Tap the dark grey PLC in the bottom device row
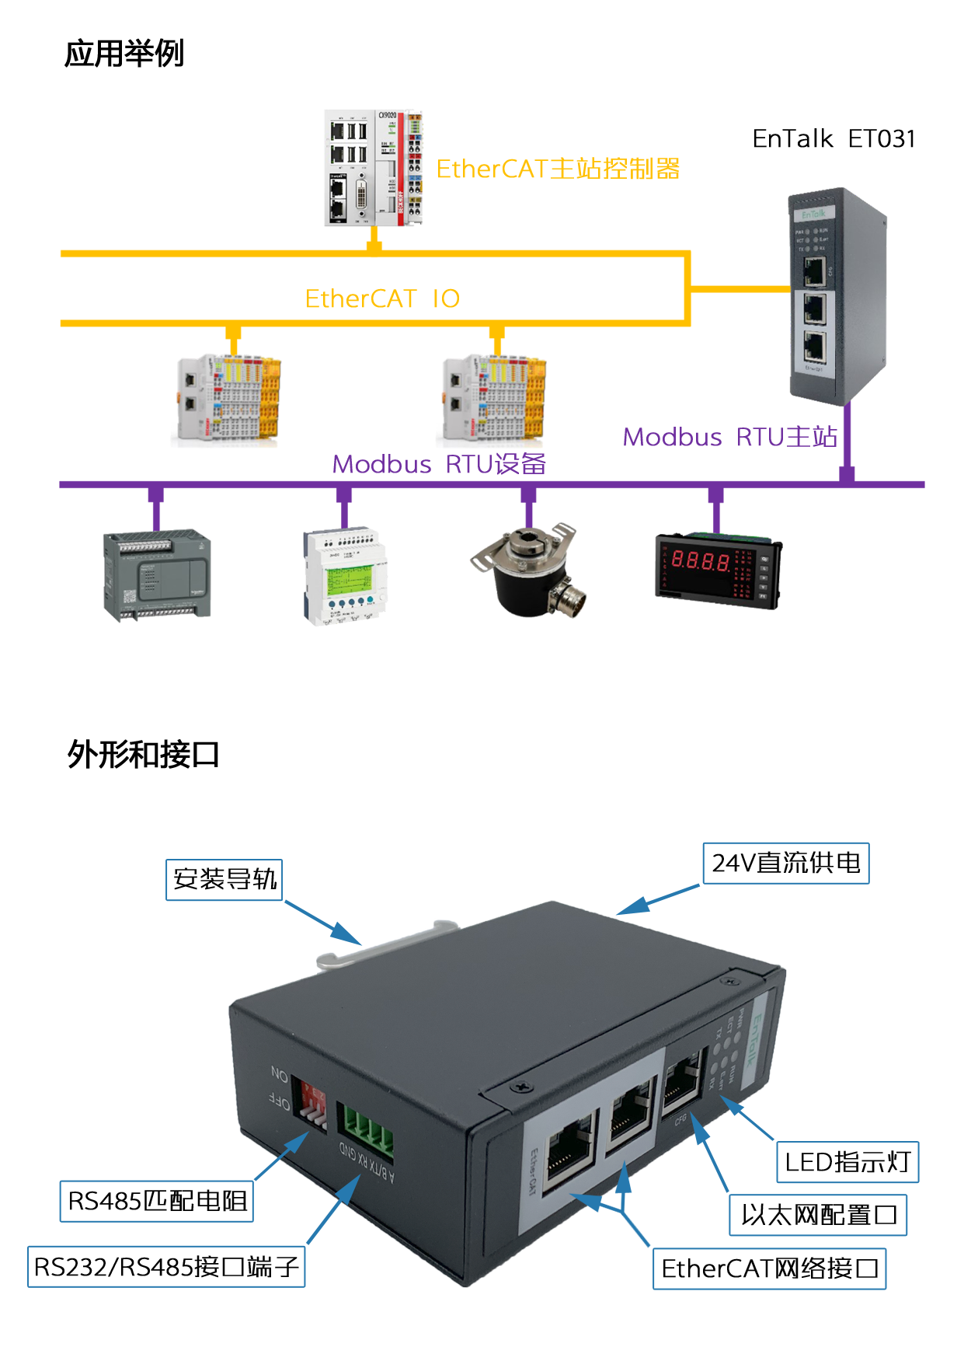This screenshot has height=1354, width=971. tap(158, 577)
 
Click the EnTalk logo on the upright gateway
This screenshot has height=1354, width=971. tap(813, 213)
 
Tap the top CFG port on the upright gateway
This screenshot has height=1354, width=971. tap(814, 271)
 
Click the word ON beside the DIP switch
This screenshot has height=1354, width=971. tap(280, 1076)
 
